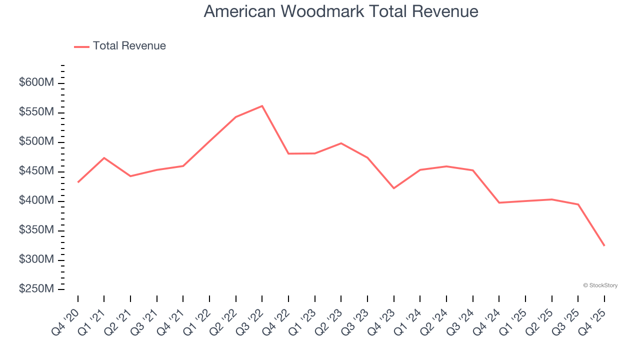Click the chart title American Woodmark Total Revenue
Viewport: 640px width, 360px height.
click(341, 11)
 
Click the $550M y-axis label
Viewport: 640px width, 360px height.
click(36, 112)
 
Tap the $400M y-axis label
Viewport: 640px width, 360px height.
click(36, 201)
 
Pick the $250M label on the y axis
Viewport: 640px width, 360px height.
click(36, 289)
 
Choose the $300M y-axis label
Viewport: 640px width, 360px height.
click(36, 260)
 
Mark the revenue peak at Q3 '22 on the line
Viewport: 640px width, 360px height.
click(262, 106)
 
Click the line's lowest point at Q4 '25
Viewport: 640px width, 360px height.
click(604, 245)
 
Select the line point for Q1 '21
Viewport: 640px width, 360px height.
click(104, 158)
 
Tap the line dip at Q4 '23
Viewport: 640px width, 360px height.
click(393, 188)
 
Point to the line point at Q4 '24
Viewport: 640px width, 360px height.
click(499, 202)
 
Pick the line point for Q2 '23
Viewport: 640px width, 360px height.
click(341, 143)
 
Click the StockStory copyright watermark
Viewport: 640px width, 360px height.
click(600, 285)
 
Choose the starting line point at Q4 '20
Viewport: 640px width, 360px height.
click(78, 182)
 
